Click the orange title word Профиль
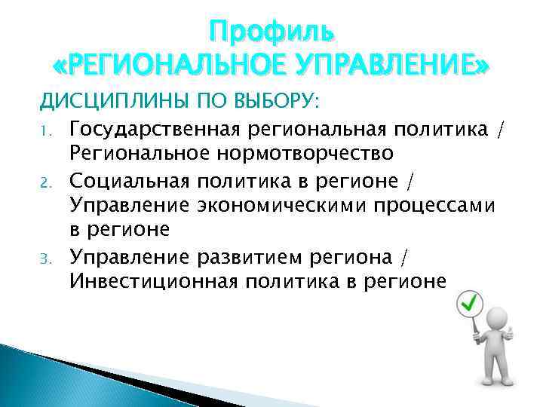pos(271,32)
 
